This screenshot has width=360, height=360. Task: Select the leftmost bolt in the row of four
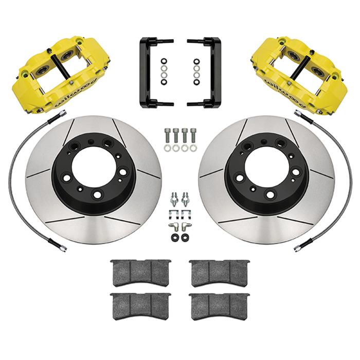pyautogui.click(x=168, y=135)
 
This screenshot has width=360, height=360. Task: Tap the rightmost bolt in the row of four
pyautogui.click(x=193, y=135)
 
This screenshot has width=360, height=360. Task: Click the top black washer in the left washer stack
pyautogui.click(x=164, y=61)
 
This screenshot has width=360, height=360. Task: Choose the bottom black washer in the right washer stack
pyautogui.click(x=196, y=81)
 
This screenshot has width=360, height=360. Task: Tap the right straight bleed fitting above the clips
pyautogui.click(x=186, y=198)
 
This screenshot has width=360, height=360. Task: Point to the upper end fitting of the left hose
pyautogui.click(x=51, y=120)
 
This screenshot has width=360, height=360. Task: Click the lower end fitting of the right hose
pyautogui.click(x=298, y=248)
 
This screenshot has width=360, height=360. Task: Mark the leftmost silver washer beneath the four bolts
pyautogui.click(x=168, y=148)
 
